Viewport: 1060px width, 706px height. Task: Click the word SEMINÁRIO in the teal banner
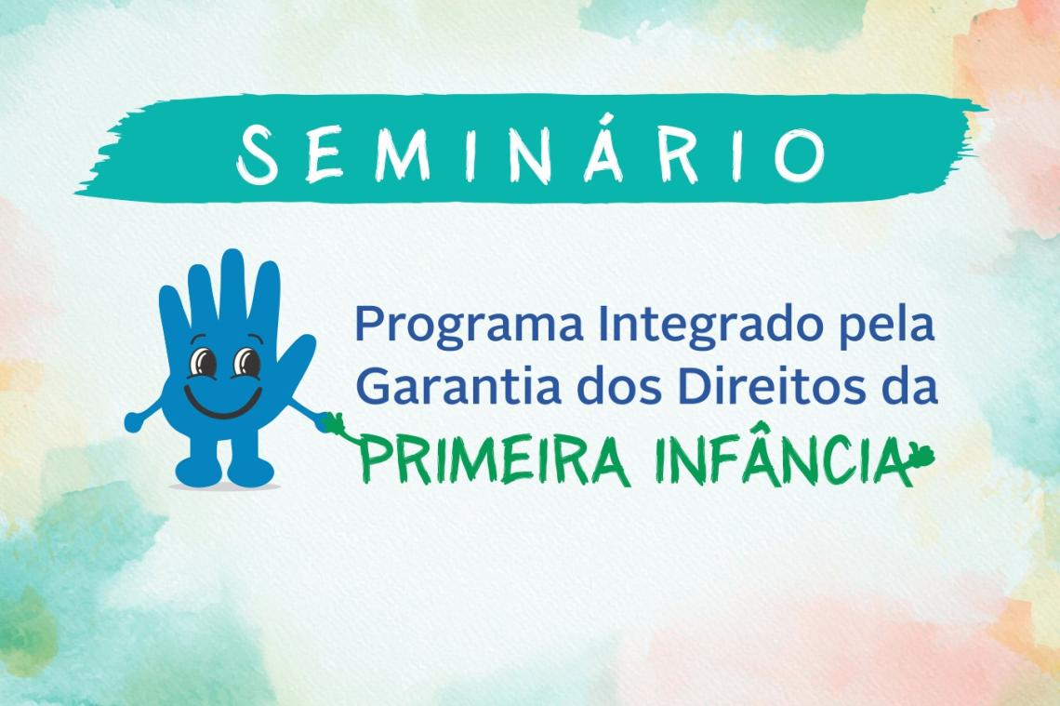(x=531, y=152)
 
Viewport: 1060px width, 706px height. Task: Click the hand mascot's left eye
(x=201, y=361)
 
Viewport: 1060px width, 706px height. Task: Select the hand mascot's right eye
(x=246, y=361)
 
